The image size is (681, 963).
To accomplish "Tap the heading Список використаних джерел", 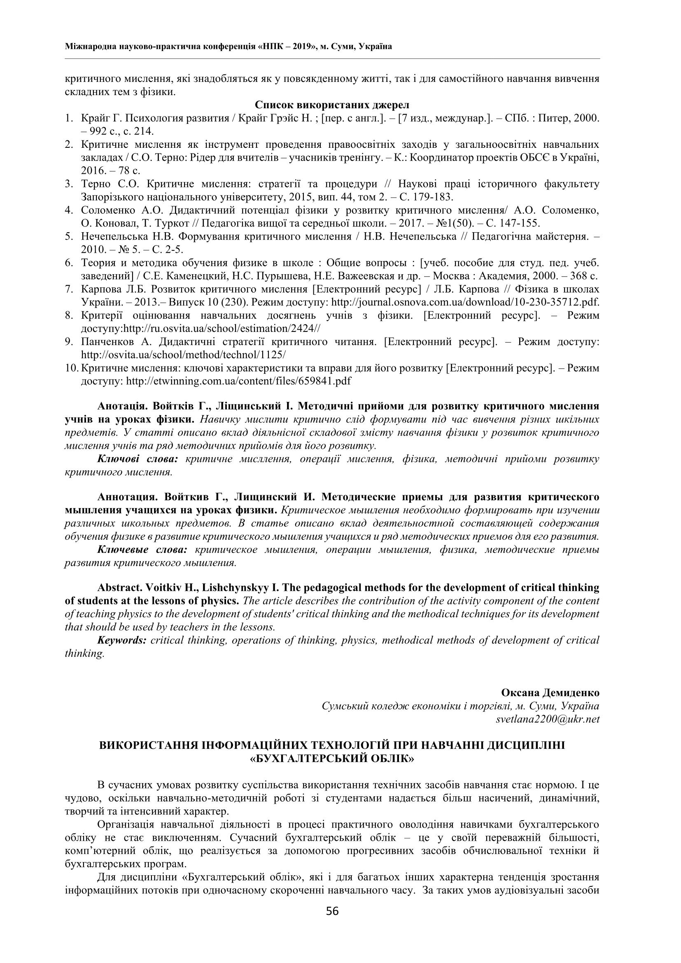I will (332, 105).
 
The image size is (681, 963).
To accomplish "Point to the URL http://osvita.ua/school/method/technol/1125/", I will (183, 355).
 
